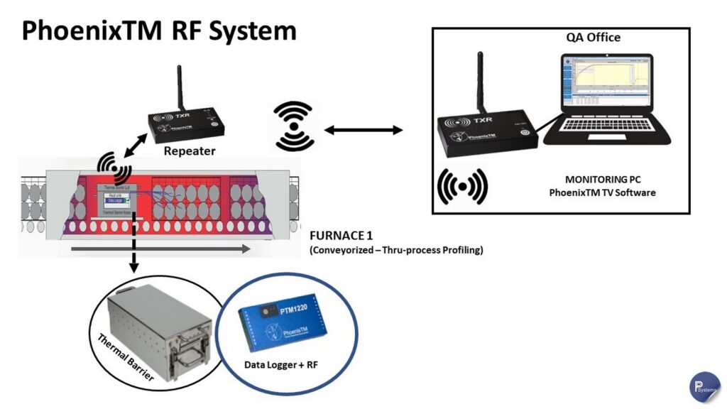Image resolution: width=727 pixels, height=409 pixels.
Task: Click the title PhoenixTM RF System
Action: click(158, 31)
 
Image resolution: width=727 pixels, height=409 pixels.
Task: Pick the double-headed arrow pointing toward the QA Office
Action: click(363, 130)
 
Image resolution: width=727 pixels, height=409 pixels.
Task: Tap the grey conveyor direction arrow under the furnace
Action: click(160, 249)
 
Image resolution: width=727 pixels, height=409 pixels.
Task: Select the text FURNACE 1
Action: click(341, 235)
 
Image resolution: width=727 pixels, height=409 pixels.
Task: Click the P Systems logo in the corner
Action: click(704, 386)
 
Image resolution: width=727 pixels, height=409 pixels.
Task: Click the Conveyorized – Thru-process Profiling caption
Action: click(396, 250)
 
